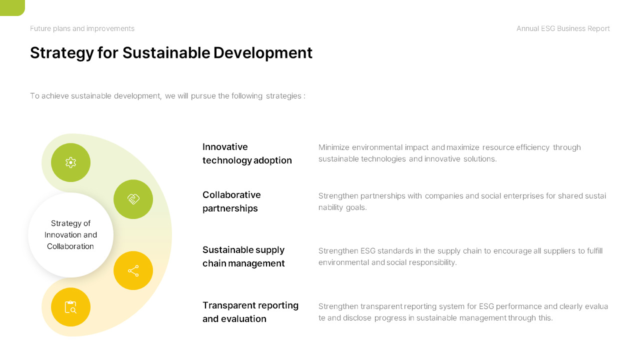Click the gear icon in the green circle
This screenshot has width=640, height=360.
(x=70, y=162)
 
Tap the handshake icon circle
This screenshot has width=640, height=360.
(x=133, y=199)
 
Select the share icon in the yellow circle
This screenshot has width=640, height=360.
(x=133, y=270)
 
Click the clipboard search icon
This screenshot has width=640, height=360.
(x=70, y=307)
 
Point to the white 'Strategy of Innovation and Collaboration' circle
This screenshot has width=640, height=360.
(x=70, y=235)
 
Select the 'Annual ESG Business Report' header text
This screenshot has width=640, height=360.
(x=563, y=28)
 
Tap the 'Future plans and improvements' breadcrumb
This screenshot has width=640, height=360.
(x=82, y=28)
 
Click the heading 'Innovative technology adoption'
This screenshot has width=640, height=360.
(x=247, y=153)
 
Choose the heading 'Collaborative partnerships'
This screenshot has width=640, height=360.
(x=231, y=201)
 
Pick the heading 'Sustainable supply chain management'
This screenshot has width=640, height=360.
(x=243, y=256)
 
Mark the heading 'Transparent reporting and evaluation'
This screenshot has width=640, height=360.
(x=250, y=312)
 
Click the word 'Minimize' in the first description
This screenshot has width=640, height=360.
(x=334, y=147)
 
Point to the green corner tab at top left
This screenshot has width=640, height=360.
(x=12, y=7)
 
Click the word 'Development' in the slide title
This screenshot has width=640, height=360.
(x=263, y=52)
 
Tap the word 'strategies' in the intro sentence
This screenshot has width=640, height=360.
(x=283, y=95)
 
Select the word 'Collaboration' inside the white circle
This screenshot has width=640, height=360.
(x=70, y=246)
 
